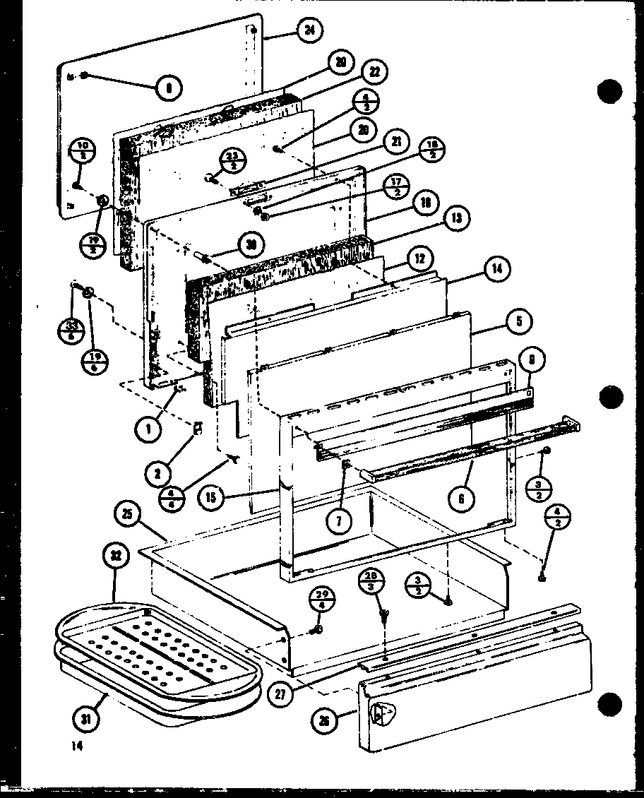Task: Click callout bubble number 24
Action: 310,30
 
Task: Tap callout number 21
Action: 397,143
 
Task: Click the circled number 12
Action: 420,260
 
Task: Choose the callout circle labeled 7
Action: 339,522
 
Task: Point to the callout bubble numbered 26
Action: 323,721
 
